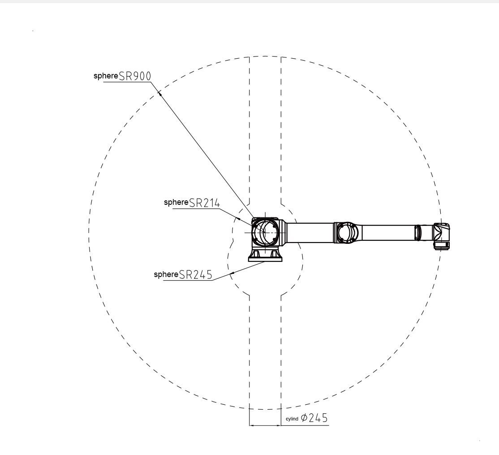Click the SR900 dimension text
click(x=135, y=76)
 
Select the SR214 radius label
click(x=204, y=203)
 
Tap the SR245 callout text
click(x=195, y=275)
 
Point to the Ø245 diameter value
click(x=314, y=418)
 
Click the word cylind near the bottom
click(x=292, y=419)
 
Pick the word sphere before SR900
click(x=106, y=76)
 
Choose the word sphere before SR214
click(x=176, y=203)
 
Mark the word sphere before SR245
click(x=166, y=274)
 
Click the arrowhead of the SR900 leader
click(x=160, y=93)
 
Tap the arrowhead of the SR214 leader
click(x=237, y=218)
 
